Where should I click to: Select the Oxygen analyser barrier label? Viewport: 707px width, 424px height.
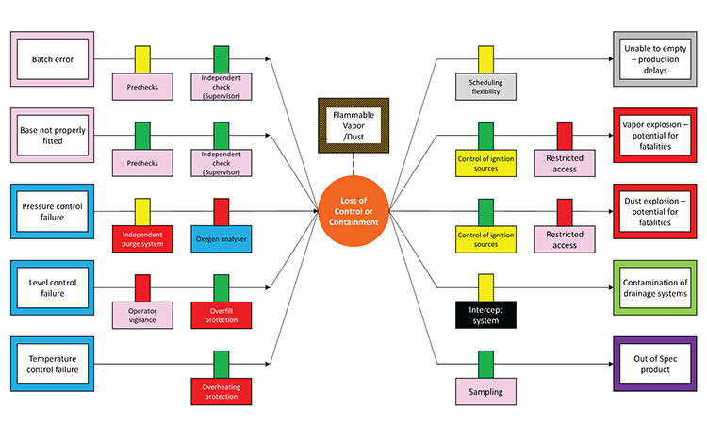pyautogui.click(x=221, y=236)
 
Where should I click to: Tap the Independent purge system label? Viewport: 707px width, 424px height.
pyautogui.click(x=143, y=236)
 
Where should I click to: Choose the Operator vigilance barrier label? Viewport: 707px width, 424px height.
pyautogui.click(x=143, y=314)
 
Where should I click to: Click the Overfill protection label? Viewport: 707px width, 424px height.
pyautogui.click(x=221, y=314)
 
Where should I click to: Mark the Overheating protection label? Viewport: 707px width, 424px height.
pyautogui.click(x=221, y=391)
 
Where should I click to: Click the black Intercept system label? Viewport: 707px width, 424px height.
pyautogui.click(x=485, y=314)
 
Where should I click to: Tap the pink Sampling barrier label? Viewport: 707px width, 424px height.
pyautogui.click(x=485, y=391)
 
